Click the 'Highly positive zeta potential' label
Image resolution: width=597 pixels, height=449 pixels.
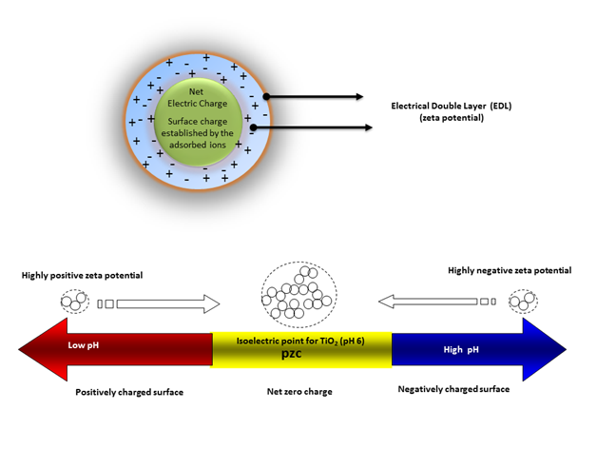click(x=82, y=275)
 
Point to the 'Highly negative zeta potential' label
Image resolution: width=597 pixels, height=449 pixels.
click(x=510, y=271)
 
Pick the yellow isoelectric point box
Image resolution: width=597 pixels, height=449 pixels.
click(x=301, y=349)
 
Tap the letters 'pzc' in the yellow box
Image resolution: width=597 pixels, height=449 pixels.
click(x=300, y=357)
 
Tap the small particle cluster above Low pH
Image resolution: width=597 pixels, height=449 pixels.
click(x=71, y=303)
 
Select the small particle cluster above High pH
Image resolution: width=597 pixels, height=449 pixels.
click(x=523, y=302)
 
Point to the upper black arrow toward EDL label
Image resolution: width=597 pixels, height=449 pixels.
click(x=315, y=97)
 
